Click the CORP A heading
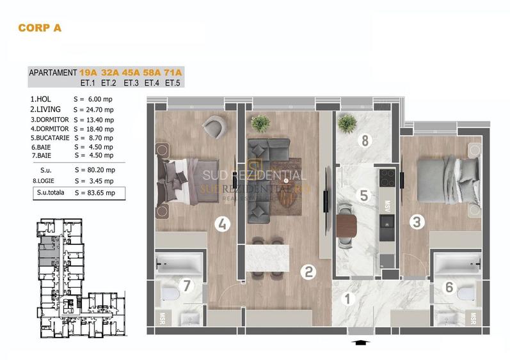[39, 27]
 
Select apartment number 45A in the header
[131, 72]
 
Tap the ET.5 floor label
[173, 82]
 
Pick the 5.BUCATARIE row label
[50, 137]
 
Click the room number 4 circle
[222, 224]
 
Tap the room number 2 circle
[308, 271]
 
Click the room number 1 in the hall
[348, 298]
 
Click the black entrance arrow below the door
[361, 343]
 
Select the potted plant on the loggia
[347, 122]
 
